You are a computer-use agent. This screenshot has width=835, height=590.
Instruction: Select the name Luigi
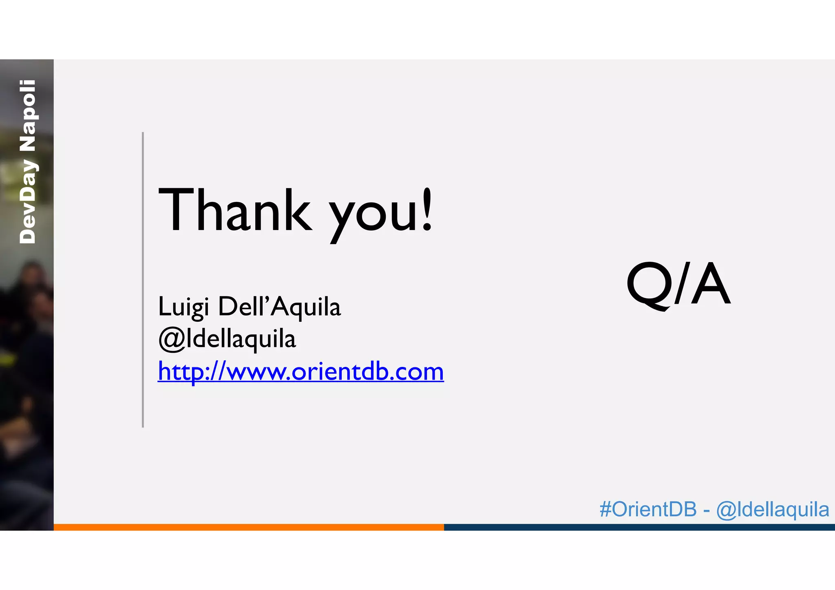183,307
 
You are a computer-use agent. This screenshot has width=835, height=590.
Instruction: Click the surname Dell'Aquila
279,307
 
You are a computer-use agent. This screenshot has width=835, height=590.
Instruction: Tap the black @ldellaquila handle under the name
227,339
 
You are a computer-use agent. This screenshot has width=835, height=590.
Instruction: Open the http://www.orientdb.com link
300,371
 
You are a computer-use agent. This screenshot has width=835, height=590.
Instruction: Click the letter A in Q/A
711,284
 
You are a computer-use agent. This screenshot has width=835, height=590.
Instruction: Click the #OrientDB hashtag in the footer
648,509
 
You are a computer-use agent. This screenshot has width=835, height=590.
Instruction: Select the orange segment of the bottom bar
249,527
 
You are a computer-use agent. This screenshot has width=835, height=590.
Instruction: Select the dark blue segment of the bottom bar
639,527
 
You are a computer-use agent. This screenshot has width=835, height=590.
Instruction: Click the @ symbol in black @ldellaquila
172,339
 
